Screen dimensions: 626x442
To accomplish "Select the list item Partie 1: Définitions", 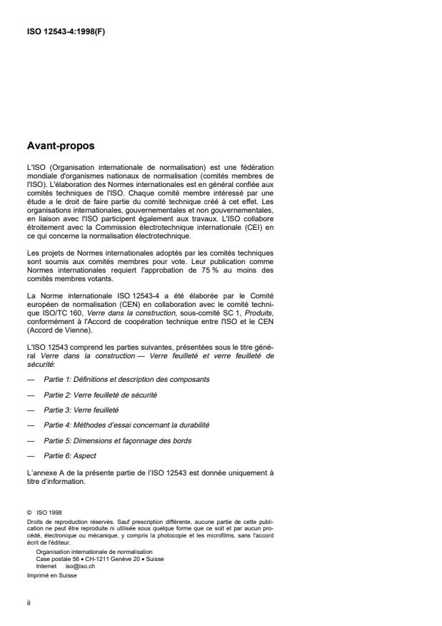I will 128,378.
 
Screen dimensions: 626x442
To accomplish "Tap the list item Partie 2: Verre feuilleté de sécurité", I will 100,394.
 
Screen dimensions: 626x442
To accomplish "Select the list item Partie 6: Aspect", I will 71,456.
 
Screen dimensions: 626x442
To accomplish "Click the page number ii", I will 28,602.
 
